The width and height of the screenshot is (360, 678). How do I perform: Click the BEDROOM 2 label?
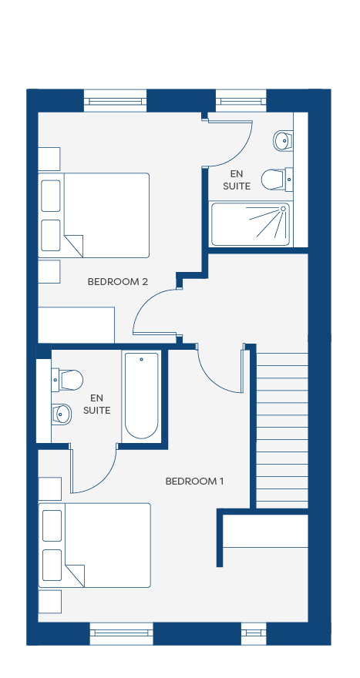point(118,282)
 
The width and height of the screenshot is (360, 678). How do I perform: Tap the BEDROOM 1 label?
point(195,482)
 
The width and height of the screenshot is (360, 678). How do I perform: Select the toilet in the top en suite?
point(278,179)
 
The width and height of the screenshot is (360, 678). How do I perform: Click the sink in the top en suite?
point(283,140)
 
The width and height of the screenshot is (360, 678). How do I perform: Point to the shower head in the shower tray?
point(284,209)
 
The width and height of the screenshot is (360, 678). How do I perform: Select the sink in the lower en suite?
point(62,415)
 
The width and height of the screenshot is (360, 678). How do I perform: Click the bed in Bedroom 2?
point(93,215)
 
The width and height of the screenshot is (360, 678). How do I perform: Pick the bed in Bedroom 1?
point(94,545)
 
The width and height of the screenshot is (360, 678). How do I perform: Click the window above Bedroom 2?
point(115,101)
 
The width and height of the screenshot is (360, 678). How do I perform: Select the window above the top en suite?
point(241,101)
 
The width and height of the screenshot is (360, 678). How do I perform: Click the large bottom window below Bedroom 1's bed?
point(122,633)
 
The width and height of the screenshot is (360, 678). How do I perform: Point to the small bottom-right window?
point(254,633)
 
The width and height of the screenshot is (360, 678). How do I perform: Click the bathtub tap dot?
point(142,359)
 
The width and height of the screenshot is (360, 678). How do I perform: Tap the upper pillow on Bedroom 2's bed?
point(51,196)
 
